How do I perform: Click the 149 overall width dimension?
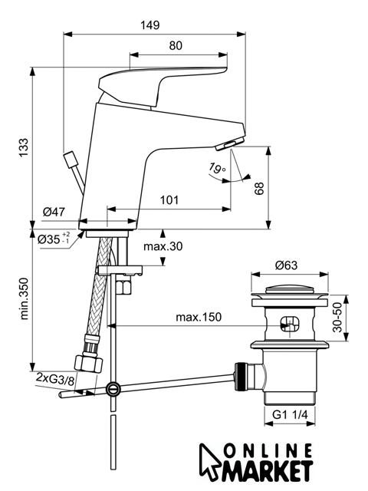(150, 25)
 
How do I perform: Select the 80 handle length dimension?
(176, 46)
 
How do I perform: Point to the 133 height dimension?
(24, 147)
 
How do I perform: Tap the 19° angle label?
(218, 168)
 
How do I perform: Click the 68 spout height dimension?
(259, 189)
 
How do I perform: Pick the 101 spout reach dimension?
(169, 199)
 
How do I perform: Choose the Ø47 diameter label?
(54, 212)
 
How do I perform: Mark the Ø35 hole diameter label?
(54, 239)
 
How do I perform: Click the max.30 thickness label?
(163, 246)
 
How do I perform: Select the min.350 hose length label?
(24, 298)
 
